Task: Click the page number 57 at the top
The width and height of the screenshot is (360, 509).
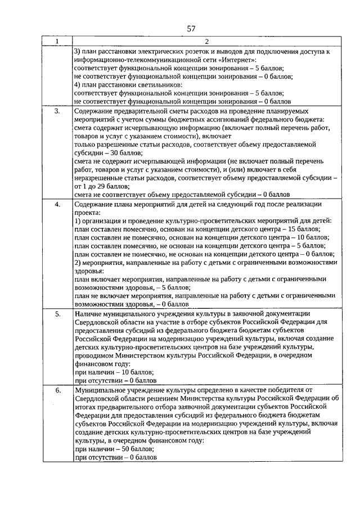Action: click(x=191, y=29)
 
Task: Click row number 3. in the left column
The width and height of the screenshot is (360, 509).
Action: click(x=57, y=112)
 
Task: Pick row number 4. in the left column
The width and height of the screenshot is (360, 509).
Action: click(x=57, y=204)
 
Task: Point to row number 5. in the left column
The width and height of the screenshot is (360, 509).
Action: click(x=57, y=313)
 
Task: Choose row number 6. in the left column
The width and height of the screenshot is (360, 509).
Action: click(x=57, y=390)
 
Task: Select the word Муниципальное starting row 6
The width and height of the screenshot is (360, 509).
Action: click(x=102, y=390)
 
